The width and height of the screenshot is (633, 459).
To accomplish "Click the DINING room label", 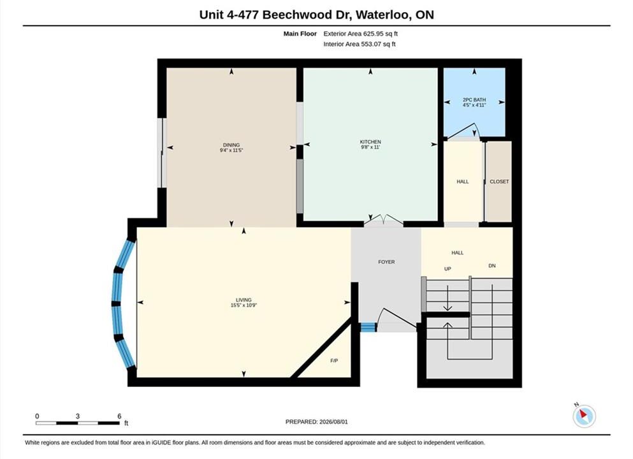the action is [x=231, y=145].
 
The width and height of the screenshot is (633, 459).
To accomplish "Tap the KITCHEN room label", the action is [x=370, y=142].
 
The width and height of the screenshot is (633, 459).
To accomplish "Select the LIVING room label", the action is [x=244, y=300].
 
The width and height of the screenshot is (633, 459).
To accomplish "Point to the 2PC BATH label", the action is [x=474, y=99].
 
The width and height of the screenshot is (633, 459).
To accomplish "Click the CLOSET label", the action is [x=499, y=182].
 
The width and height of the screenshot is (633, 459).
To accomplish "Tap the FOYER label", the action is [x=386, y=262].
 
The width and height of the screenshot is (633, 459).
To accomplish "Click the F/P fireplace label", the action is [x=334, y=360].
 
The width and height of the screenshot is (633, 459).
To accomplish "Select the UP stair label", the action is [x=447, y=269].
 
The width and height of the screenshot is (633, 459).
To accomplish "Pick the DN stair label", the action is [x=491, y=266].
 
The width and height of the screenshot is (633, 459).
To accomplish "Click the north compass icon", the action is [x=584, y=416].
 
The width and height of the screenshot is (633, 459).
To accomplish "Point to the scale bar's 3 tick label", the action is [x=78, y=416].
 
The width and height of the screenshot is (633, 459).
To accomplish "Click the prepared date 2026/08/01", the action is [x=333, y=422].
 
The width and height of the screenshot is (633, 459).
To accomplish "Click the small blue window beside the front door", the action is [x=368, y=327].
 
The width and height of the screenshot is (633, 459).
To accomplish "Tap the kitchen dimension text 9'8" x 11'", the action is [x=370, y=147].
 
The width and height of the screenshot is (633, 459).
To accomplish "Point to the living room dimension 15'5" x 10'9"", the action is [x=244, y=305].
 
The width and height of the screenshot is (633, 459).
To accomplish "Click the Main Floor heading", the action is [x=300, y=34].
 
